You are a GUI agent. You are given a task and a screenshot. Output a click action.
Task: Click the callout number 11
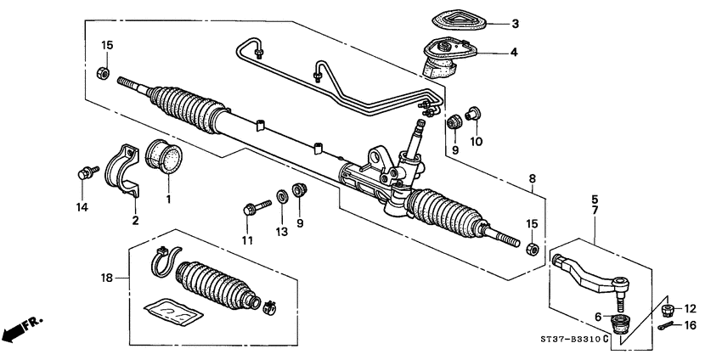point(247,240)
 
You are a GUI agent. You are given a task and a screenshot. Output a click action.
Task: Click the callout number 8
point(532,179)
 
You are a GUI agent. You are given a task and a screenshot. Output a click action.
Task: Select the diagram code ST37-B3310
point(575,339)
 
